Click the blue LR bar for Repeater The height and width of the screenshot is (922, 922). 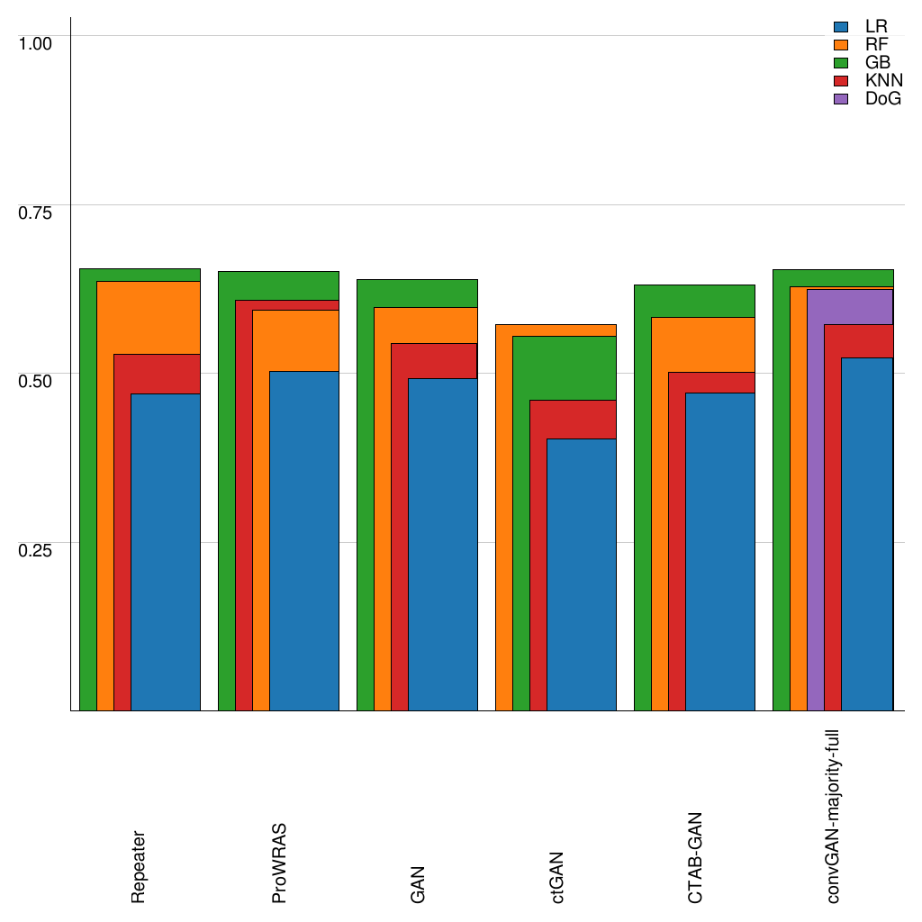pos(166,551)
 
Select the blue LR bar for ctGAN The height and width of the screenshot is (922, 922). pos(582,574)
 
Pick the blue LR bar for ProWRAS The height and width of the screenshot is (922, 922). pos(304,540)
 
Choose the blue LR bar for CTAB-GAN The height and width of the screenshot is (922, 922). pos(720,551)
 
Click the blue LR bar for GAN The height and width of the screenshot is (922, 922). pos(443,544)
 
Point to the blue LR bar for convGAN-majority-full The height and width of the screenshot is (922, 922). pos(867,534)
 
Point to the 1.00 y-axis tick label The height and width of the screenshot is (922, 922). pos(36,42)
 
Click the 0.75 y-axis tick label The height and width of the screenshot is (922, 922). pos(36,212)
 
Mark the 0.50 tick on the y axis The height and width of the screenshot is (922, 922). pos(36,380)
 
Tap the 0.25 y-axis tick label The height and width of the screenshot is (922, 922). pos(36,549)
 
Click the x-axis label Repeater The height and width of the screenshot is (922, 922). pos(139,866)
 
